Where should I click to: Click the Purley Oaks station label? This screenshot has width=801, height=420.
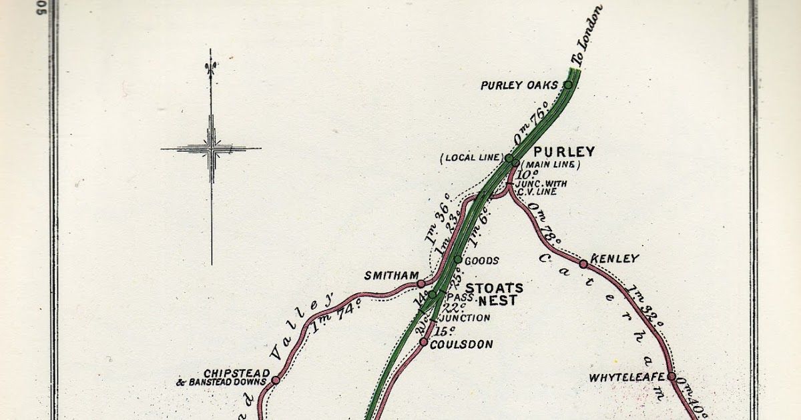pyautogui.click(x=519, y=85)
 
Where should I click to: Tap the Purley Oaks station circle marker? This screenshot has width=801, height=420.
pyautogui.click(x=568, y=85)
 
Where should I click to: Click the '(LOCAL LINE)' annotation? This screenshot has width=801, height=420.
pyautogui.click(x=471, y=158)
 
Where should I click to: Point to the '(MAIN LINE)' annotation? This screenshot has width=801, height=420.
pyautogui.click(x=551, y=164)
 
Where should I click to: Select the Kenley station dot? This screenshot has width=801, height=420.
pyautogui.click(x=583, y=264)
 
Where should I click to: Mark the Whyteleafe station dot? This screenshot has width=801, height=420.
pyautogui.click(x=671, y=377)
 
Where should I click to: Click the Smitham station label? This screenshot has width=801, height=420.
pyautogui.click(x=391, y=275)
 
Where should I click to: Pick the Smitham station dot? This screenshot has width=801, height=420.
pyautogui.click(x=421, y=283)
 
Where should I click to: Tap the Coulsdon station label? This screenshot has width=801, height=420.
pyautogui.click(x=461, y=345)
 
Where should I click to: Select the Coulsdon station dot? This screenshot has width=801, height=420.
pyautogui.click(x=424, y=342)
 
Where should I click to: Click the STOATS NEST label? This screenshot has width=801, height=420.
pyautogui.click(x=494, y=294)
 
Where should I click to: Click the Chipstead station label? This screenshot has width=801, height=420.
pyautogui.click(x=237, y=373)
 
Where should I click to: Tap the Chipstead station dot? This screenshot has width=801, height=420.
pyautogui.click(x=276, y=380)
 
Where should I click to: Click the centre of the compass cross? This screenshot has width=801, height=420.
pyautogui.click(x=211, y=149)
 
